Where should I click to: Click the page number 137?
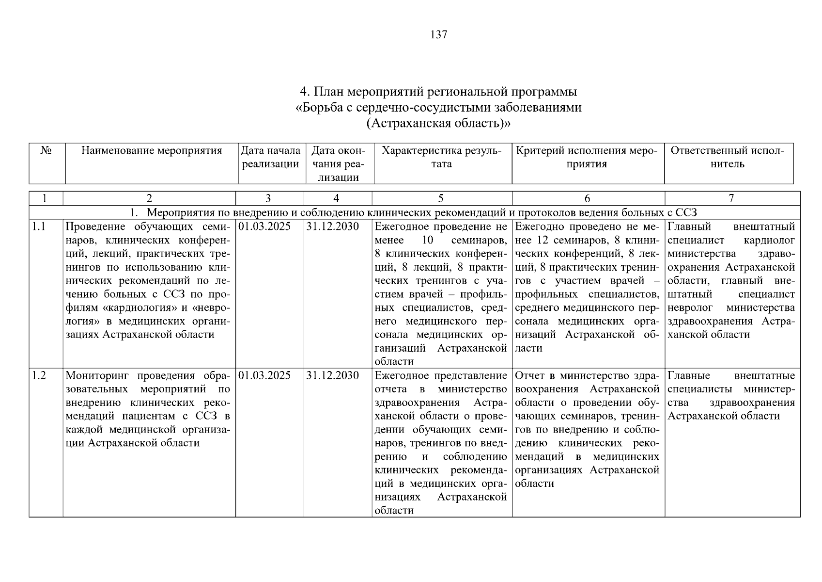coord(438,35)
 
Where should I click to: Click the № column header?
coord(47,151)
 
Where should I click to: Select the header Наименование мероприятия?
coord(151,151)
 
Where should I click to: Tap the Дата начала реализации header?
coord(271,157)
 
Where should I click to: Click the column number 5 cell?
coord(440,198)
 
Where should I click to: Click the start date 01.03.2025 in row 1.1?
coord(264,226)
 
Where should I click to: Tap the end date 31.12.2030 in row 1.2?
coord(333,375)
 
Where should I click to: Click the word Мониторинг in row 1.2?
coord(98,375)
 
